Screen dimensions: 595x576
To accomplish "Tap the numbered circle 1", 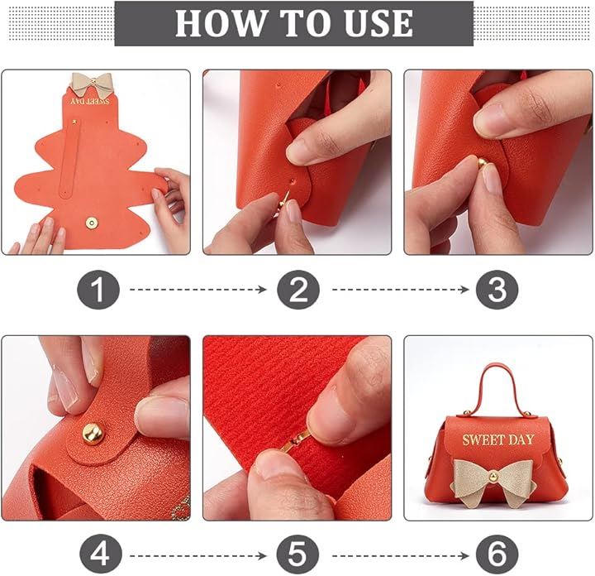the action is [x=98, y=290].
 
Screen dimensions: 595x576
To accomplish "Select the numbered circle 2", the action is [x=297, y=290].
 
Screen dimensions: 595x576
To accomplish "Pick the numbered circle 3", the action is [x=497, y=290].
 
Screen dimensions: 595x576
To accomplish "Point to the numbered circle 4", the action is [x=101, y=556].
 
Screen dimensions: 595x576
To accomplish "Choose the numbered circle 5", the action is [x=297, y=556].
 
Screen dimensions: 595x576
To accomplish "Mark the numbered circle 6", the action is [x=497, y=556].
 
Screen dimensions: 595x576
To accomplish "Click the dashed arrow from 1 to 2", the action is [x=198, y=290].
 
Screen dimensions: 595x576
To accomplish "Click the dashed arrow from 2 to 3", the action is [x=401, y=290].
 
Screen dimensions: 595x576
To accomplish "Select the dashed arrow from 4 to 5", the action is [x=198, y=556].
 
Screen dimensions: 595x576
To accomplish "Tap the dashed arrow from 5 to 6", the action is [x=401, y=556].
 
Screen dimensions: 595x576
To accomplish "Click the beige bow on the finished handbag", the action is [x=493, y=482].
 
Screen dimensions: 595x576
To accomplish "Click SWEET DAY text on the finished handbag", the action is [x=497, y=440].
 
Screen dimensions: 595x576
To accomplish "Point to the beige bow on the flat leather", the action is [x=90, y=84].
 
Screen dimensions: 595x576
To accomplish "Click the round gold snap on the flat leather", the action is [x=91, y=223].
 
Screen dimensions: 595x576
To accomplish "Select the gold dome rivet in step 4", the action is [x=93, y=433].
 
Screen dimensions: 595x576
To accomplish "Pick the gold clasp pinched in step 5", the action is [x=294, y=442].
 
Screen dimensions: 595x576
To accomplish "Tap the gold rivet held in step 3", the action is [x=482, y=163].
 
